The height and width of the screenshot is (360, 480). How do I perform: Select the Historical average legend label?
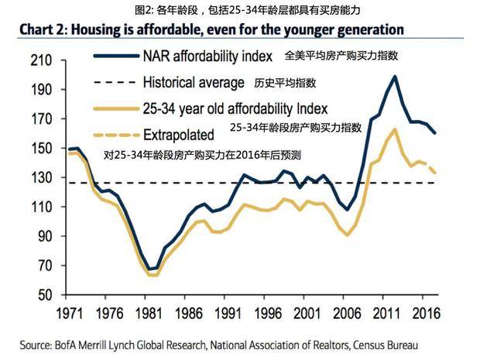tap(192, 81)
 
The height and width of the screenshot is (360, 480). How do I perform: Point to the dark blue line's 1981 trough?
tap(152, 269)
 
